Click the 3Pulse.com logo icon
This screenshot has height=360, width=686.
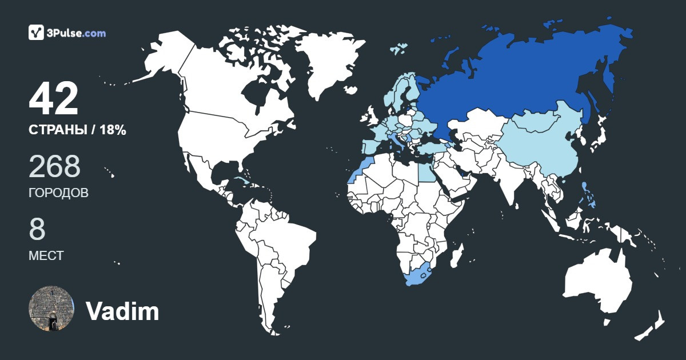coord(36,33)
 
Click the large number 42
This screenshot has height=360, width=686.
coord(54,99)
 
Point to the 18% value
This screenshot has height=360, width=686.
coord(113,130)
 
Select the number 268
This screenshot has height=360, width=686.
coord(54,166)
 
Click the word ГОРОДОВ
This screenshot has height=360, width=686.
coord(58,193)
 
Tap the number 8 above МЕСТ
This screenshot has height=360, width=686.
coord(37,229)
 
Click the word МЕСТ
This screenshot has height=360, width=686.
coord(46,256)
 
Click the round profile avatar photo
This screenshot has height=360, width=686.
coord(51,309)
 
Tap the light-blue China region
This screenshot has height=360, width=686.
coord(537,149)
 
